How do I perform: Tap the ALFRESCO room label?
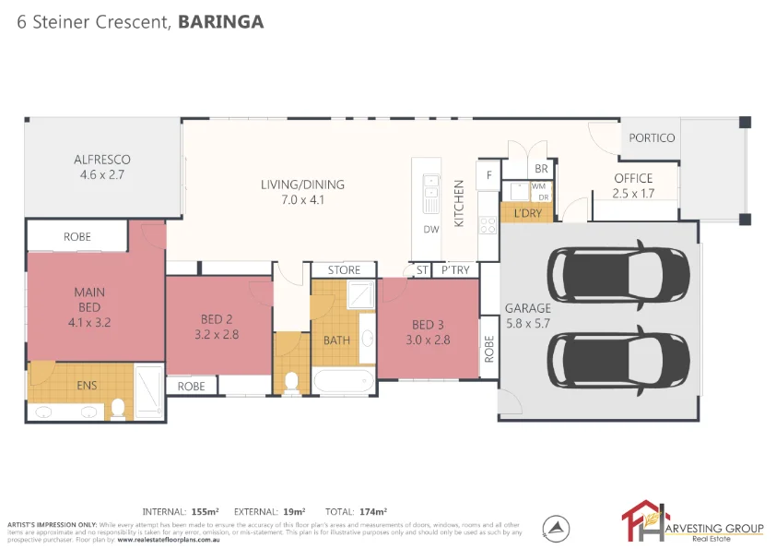tap(102, 166)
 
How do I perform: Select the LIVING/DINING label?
tap(291, 192)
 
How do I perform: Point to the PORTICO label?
tap(652, 138)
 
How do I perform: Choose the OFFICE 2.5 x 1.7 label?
tap(633, 185)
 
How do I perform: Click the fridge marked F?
tap(488, 174)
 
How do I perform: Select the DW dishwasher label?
tap(430, 230)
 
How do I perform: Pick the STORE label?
tap(344, 269)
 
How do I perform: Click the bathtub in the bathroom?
tap(344, 380)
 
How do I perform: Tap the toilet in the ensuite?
tap(117, 409)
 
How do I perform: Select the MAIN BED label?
tap(88, 307)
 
